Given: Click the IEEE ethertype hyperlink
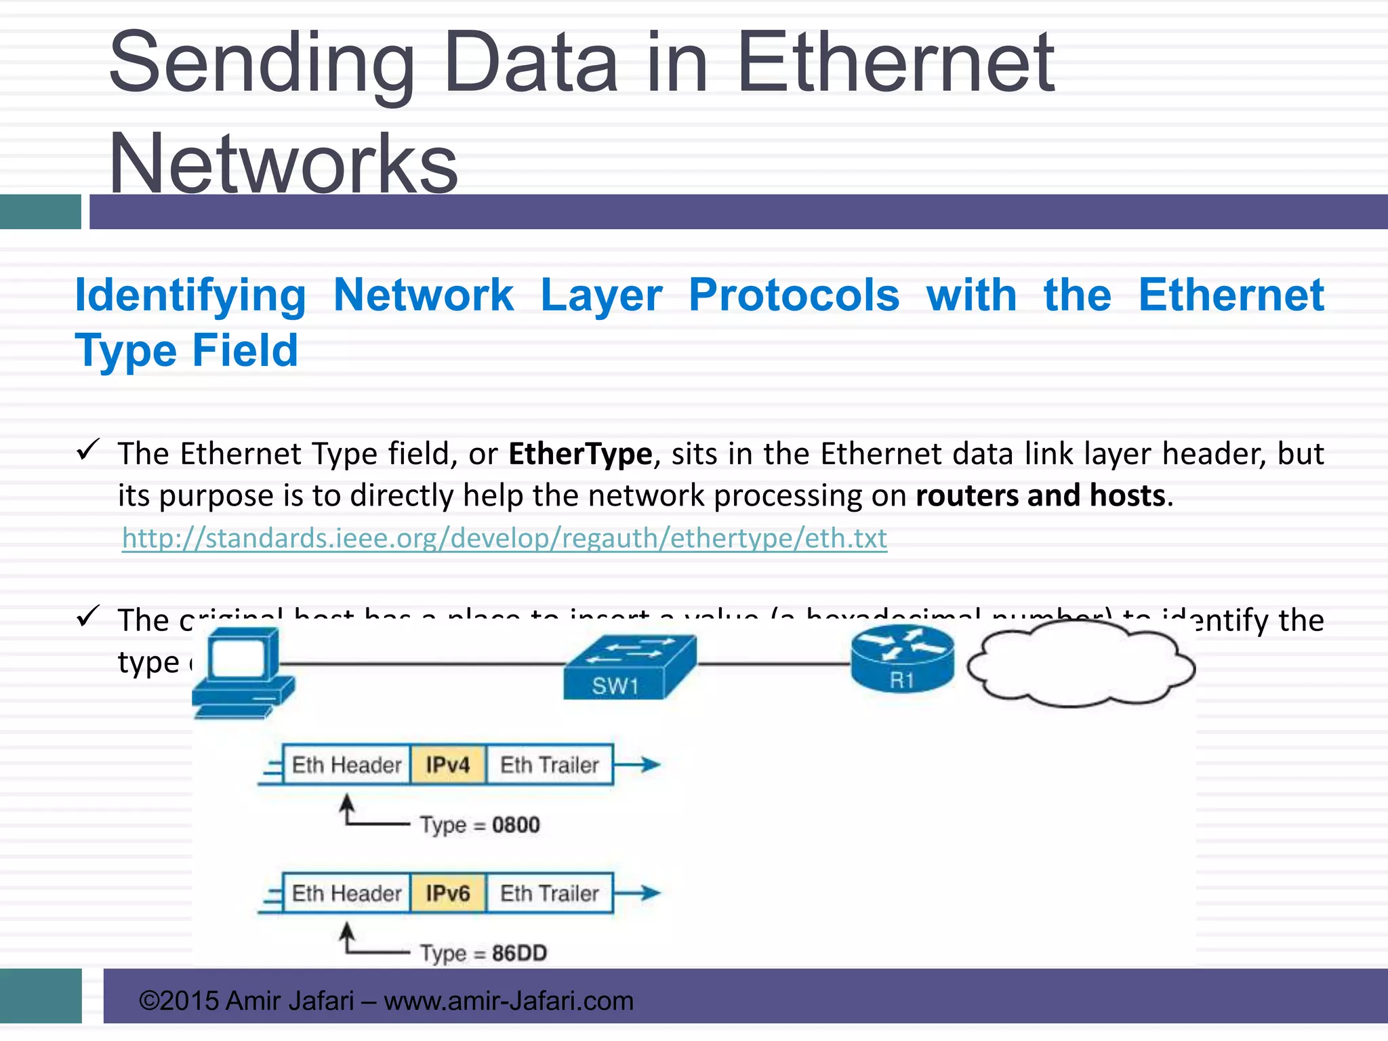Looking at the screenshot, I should pyautogui.click(x=504, y=538).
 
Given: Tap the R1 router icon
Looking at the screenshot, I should pyautogui.click(x=902, y=659).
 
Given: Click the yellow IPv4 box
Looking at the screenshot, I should pyautogui.click(x=447, y=765).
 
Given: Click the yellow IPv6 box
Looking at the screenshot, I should pyautogui.click(x=447, y=893).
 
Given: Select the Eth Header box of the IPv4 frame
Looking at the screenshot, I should pyautogui.click(x=346, y=765).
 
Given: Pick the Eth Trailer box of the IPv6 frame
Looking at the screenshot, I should pyautogui.click(x=550, y=893).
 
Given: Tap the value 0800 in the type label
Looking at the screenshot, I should pyautogui.click(x=516, y=825).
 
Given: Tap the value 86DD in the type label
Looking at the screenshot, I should pyautogui.click(x=519, y=953).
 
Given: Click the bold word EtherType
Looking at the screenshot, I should pyautogui.click(x=580, y=453).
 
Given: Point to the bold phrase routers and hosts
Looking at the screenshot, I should pyautogui.click(x=1040, y=495).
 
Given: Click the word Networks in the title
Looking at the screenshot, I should pyautogui.click(x=283, y=163).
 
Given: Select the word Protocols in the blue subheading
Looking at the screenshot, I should pyautogui.click(x=794, y=295).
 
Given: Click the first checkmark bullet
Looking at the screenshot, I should pyautogui.click(x=88, y=449).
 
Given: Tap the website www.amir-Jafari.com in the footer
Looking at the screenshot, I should pyautogui.click(x=508, y=1000).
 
